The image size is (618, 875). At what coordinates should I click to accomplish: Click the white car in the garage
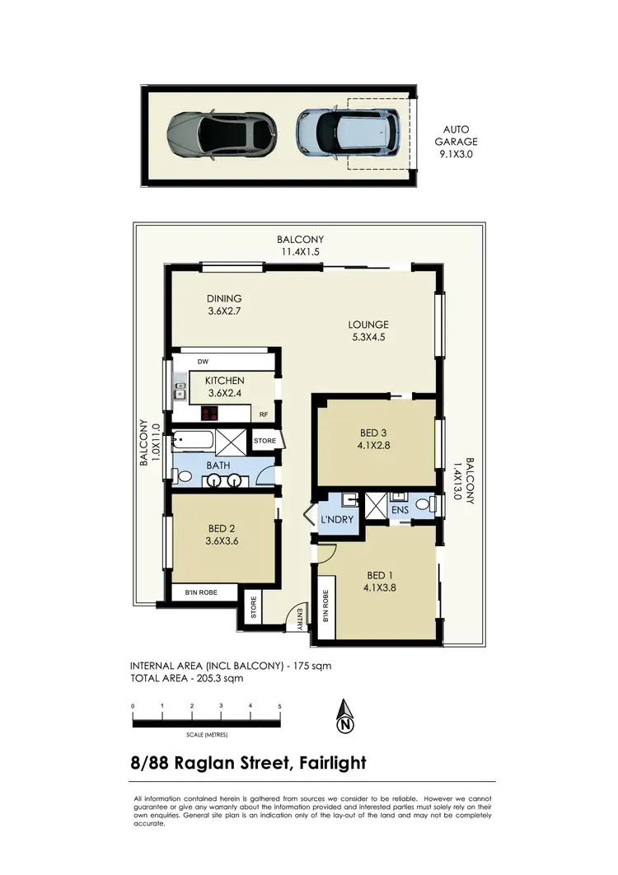pos(349,130)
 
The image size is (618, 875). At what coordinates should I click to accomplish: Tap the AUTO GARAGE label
pos(456,141)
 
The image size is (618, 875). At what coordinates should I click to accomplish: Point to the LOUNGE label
pos(368,330)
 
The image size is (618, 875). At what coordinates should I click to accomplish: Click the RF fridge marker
pos(265,415)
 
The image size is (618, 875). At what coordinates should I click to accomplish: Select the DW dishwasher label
pos(203,361)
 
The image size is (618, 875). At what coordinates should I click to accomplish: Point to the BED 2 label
pos(222,535)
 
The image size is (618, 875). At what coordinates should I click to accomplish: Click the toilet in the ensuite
pos(424,503)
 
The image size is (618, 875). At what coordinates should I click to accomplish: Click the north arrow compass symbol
pos(345,717)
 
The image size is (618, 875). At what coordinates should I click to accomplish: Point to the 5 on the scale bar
pos(280,706)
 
